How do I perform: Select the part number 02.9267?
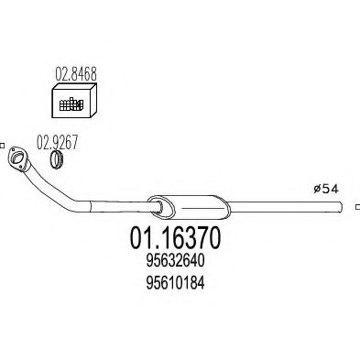pyautogui.click(x=56, y=142)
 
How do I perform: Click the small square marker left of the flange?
pyautogui.click(x=3, y=144)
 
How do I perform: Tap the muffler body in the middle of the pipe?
pyautogui.click(x=183, y=203)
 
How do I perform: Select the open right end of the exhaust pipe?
pyautogui.click(x=355, y=209)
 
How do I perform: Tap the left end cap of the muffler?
pyautogui.click(x=153, y=202)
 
